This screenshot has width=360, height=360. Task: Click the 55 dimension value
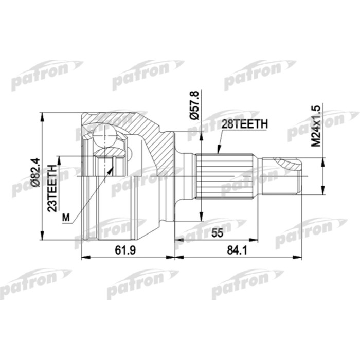217,232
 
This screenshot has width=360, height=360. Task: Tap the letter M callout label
65,218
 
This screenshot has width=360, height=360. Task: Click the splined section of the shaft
226,175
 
